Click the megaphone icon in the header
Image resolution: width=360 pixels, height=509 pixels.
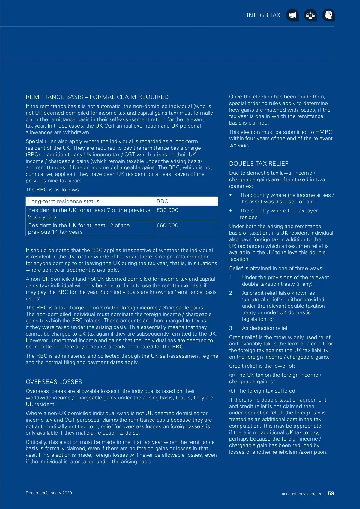[x=292, y=15]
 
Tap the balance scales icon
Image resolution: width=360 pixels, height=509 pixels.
[x=310, y=15]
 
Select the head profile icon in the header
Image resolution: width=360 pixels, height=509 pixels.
[x=328, y=15]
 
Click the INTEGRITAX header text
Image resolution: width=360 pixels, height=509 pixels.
[x=263, y=15]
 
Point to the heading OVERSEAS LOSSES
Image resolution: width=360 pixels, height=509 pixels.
[x=54, y=382]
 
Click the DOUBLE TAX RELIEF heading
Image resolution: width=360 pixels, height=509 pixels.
[x=259, y=164]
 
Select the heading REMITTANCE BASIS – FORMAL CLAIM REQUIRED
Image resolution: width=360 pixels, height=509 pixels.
[x=97, y=97]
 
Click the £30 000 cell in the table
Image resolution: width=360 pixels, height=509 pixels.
[x=167, y=210]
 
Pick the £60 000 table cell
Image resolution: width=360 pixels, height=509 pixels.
[x=167, y=225]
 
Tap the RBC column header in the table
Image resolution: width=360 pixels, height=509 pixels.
[x=162, y=201]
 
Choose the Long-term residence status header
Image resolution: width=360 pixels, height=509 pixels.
[x=64, y=201]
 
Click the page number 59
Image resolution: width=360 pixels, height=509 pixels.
[x=331, y=493]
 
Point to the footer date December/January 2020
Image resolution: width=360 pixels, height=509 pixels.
[x=49, y=493]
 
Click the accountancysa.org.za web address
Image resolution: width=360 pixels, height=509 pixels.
[x=302, y=494]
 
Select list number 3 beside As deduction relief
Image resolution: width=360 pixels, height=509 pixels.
[x=231, y=328]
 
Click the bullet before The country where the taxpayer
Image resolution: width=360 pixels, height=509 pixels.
[x=231, y=211]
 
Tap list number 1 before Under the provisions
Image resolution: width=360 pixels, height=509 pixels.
[x=231, y=277]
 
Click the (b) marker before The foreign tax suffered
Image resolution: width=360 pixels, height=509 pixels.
[x=232, y=391]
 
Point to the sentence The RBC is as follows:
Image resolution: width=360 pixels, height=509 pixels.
[x=53, y=190]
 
